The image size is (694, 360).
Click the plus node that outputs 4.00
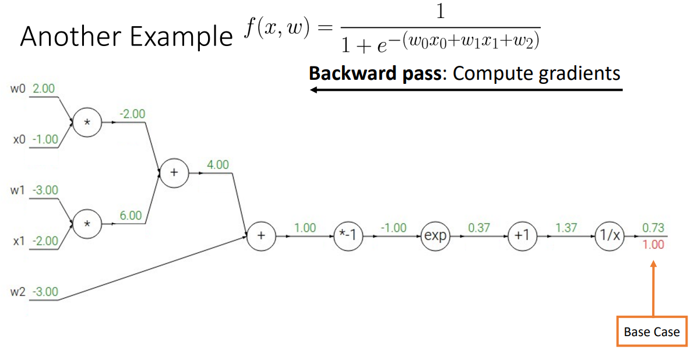(x=173, y=174)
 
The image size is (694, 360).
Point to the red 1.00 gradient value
(x=653, y=245)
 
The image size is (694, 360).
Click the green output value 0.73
(x=653, y=228)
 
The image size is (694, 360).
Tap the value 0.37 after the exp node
(x=479, y=228)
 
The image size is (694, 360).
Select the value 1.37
(x=566, y=228)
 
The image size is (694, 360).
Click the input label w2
(x=17, y=292)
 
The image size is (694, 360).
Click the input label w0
(x=17, y=89)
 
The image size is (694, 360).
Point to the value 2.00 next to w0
(x=44, y=89)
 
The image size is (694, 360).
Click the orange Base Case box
(x=651, y=331)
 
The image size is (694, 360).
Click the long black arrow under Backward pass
(x=466, y=90)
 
